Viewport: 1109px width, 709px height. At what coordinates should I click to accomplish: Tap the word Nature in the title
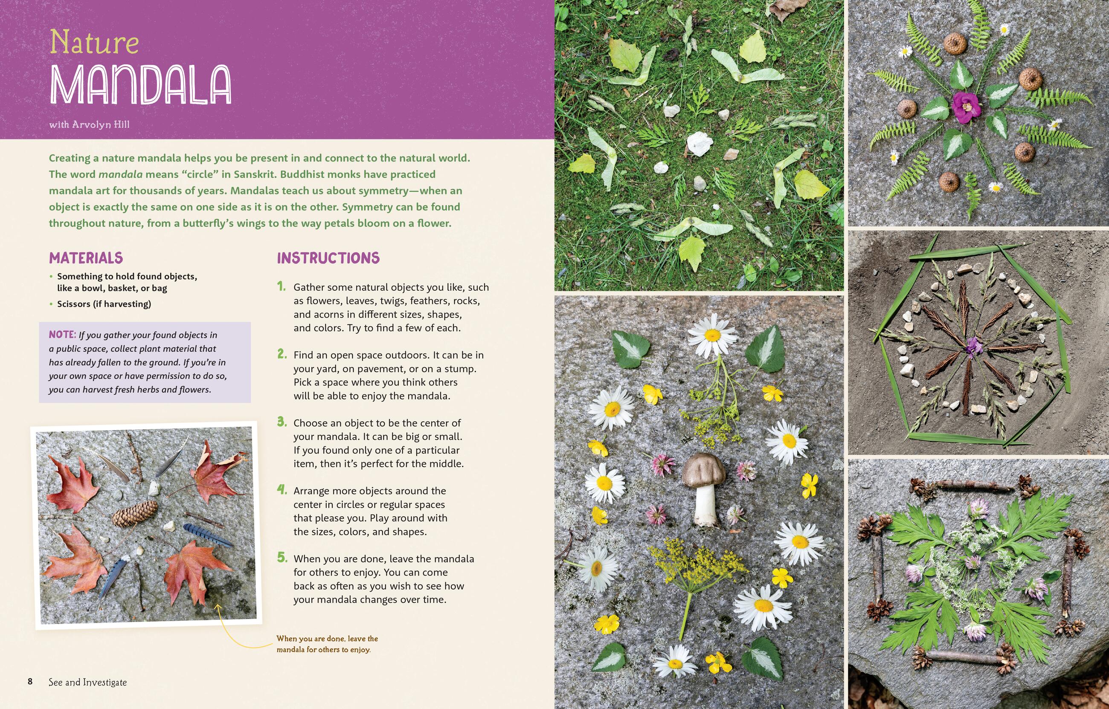pos(94,43)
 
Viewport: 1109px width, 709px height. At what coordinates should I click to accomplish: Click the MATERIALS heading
pos(86,258)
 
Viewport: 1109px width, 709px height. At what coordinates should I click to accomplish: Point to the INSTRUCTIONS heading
pos(328,258)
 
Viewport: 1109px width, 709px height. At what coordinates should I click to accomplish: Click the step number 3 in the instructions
pos(282,422)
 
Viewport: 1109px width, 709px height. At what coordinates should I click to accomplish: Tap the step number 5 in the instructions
pos(282,558)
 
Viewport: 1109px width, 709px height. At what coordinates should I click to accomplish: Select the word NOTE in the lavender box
pos(62,335)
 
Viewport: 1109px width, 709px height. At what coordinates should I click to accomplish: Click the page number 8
pos(30,682)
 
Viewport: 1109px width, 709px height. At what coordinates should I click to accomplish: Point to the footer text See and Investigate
pos(87,682)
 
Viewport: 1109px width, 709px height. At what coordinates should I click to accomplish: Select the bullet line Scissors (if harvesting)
pos(104,304)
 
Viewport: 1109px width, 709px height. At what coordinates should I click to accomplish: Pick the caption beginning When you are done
pos(327,644)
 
